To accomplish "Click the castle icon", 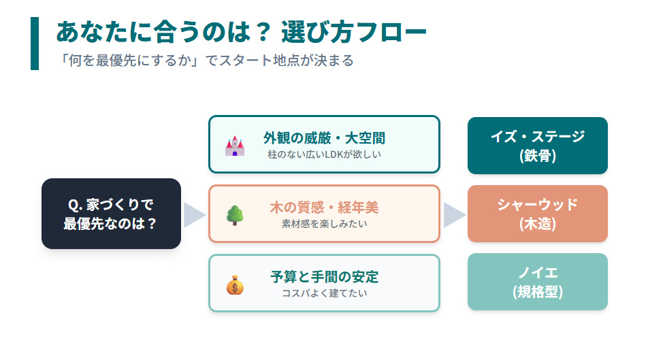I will pyautogui.click(x=235, y=146).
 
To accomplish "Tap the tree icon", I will pyautogui.click(x=235, y=215).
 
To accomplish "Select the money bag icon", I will pyautogui.click(x=235, y=284).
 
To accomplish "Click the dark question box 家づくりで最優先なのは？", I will pyautogui.click(x=111, y=214).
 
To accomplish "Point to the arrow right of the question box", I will pyautogui.click(x=194, y=214).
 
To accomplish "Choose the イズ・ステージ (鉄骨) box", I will pyautogui.click(x=537, y=146).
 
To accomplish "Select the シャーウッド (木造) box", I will pyautogui.click(x=537, y=214).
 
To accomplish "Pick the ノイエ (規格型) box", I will pyautogui.click(x=537, y=282).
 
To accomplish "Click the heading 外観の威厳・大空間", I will pyautogui.click(x=324, y=138).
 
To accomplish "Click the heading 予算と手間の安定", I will pyautogui.click(x=324, y=277).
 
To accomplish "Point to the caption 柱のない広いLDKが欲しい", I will pyautogui.click(x=324, y=154).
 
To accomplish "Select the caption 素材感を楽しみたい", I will pyautogui.click(x=324, y=223).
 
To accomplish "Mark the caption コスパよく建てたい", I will pyautogui.click(x=324, y=293).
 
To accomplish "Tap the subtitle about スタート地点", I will pyautogui.click(x=206, y=60).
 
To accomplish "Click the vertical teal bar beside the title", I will pyautogui.click(x=35, y=44).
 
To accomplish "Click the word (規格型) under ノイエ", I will pyautogui.click(x=537, y=292).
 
